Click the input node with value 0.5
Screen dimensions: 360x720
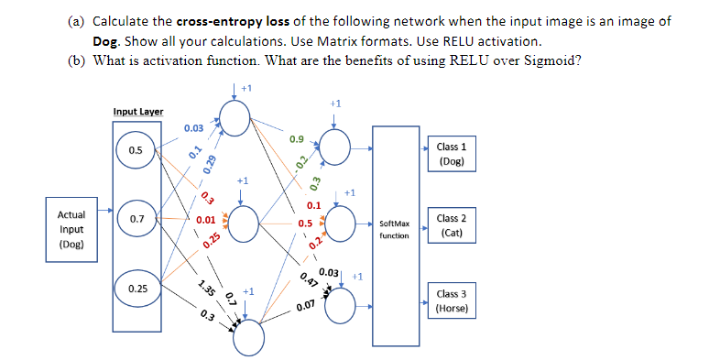(136, 150)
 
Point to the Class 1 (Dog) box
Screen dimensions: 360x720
(452, 154)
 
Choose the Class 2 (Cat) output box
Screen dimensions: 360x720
(452, 225)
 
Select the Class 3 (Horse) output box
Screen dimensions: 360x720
(452, 301)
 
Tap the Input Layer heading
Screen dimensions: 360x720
(138, 112)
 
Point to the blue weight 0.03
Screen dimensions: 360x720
(193, 128)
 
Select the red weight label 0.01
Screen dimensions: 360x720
(205, 221)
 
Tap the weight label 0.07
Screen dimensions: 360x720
(306, 305)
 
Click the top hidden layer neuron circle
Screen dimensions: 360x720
(235, 117)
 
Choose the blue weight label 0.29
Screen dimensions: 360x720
(211, 164)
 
